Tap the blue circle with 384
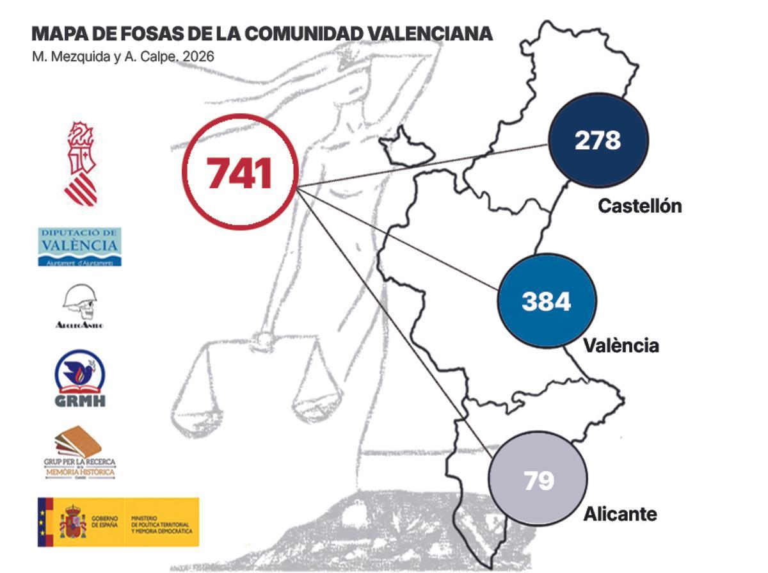pyautogui.click(x=547, y=300)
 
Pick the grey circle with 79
pyautogui.click(x=538, y=480)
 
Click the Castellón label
pyautogui.click(x=640, y=206)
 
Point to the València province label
pyautogui.click(x=621, y=346)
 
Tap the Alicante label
pyautogui.click(x=620, y=513)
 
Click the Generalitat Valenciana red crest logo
pyautogui.click(x=81, y=163)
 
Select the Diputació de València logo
pyautogui.click(x=79, y=246)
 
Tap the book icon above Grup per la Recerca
pyautogui.click(x=78, y=442)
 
